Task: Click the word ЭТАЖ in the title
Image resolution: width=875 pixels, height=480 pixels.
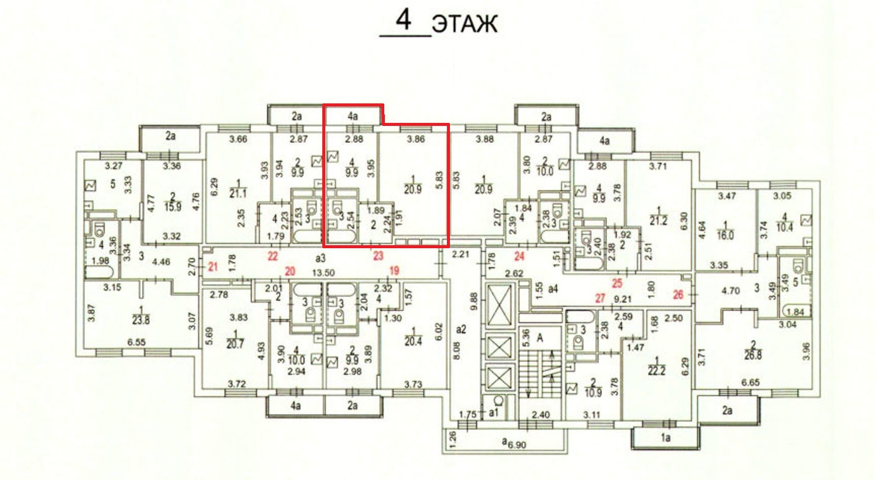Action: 465,24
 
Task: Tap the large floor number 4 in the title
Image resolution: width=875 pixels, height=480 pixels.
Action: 404,21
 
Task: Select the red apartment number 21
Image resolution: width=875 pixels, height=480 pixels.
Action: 213,266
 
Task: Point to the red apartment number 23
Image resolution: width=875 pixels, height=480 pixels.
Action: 378,256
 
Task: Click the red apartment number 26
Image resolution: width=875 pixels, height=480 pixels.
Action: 679,295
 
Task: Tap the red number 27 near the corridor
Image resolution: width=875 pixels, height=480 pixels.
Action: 600,298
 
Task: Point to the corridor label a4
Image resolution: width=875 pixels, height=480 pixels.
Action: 552,290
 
